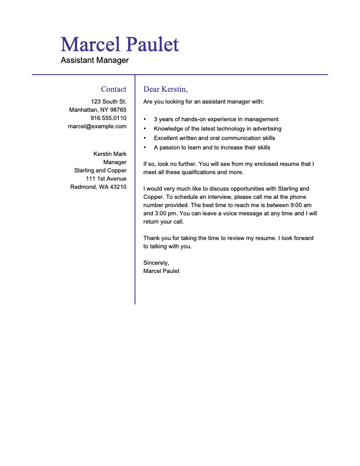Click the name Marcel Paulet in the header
coord(119,44)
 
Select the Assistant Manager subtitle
coord(95,60)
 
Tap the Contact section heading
coord(114,89)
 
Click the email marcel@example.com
coord(97,126)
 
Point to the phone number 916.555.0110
coord(108,118)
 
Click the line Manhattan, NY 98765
coord(98,109)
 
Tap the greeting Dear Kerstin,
coord(165,89)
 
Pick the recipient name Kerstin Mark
coord(110,154)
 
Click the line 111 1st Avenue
coord(106,178)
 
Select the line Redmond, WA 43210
coord(98,187)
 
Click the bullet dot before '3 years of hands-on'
coord(145,119)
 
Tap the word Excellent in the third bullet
coord(167,138)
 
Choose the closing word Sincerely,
coord(156,262)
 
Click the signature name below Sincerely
coord(161,271)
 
